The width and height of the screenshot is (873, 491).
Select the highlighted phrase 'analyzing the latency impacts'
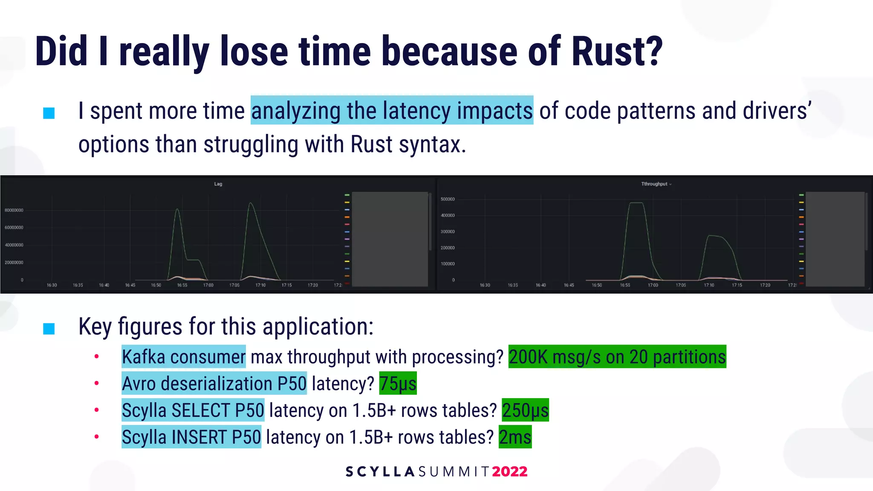pyautogui.click(x=392, y=110)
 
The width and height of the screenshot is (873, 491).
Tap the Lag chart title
pyautogui.click(x=218, y=184)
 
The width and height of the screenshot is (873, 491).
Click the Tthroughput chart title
pyautogui.click(x=654, y=184)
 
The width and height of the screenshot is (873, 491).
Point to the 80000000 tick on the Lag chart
pyautogui.click(x=14, y=210)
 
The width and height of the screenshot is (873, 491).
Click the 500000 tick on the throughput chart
pyautogui.click(x=448, y=199)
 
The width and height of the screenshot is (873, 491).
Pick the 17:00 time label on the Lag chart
pyautogui.click(x=208, y=285)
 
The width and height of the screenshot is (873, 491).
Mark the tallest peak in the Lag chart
pyautogui.click(x=251, y=204)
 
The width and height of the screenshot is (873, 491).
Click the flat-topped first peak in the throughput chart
pyautogui.click(x=636, y=203)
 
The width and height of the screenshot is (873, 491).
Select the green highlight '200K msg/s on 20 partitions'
pyautogui.click(x=617, y=357)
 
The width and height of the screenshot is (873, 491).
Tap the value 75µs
pyautogui.click(x=398, y=384)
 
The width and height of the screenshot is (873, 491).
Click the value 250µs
pyautogui.click(x=525, y=410)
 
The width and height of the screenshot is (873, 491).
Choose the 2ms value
pyautogui.click(x=515, y=437)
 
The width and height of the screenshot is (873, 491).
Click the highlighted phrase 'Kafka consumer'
pyautogui.click(x=184, y=357)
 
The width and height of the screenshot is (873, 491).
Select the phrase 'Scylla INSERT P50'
pyautogui.click(x=191, y=437)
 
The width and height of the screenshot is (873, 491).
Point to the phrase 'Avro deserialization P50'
pyautogui.click(x=214, y=384)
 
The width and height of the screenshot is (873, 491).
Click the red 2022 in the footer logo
pyautogui.click(x=509, y=471)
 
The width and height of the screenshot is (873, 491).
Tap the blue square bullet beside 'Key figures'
pyautogui.click(x=49, y=329)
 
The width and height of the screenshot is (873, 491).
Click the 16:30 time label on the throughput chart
pyautogui.click(x=485, y=285)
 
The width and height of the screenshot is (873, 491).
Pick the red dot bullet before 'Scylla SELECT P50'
pyautogui.click(x=97, y=410)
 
